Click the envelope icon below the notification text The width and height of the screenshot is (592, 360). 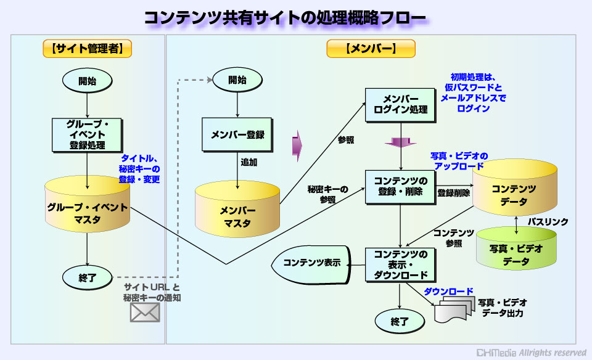pyautogui.click(x=145, y=313)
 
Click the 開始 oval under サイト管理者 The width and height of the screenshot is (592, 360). pyautogui.click(x=87, y=81)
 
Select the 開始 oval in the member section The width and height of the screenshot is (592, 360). pyautogui.click(x=237, y=80)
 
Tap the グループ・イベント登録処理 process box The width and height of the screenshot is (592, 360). pyautogui.click(x=87, y=135)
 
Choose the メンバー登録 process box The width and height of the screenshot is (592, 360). pyautogui.click(x=237, y=135)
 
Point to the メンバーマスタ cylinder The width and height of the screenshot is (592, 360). pyautogui.click(x=237, y=209)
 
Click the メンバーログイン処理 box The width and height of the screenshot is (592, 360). pyautogui.click(x=401, y=105)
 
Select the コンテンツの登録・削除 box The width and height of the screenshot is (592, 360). pyautogui.click(x=401, y=187)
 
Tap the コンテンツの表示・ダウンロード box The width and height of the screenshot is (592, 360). pyautogui.click(x=401, y=265)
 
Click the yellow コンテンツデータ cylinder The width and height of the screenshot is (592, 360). pyautogui.click(x=515, y=187)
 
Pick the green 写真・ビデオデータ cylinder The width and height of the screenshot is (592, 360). pyautogui.click(x=516, y=248)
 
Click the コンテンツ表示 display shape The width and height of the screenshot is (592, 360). pyautogui.click(x=311, y=265)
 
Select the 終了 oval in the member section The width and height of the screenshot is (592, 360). pyautogui.click(x=400, y=322)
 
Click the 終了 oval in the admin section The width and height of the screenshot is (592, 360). pyautogui.click(x=87, y=278)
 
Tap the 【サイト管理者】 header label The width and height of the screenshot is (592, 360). pyautogui.click(x=87, y=49)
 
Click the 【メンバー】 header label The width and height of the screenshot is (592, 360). pyautogui.click(x=371, y=49)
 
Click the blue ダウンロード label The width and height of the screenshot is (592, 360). pyautogui.click(x=448, y=292)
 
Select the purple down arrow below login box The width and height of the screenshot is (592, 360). pyautogui.click(x=401, y=142)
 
